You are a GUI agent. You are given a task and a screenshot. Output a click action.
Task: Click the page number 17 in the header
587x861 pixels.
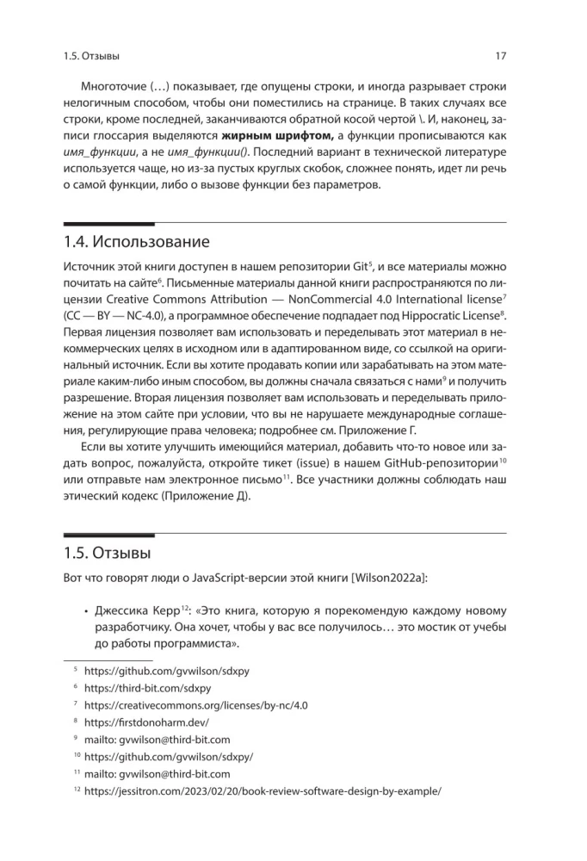coord(500,57)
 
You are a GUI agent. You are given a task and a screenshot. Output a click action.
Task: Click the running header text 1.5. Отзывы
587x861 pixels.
coord(91,57)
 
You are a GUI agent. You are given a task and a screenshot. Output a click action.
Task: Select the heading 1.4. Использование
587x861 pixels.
coord(137,241)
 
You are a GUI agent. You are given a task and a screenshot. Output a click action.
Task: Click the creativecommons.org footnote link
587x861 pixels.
coord(196,705)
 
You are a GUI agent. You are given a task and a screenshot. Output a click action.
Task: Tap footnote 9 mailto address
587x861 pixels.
coord(158,740)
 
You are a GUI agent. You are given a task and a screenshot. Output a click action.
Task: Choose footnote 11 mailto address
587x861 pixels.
coord(158,774)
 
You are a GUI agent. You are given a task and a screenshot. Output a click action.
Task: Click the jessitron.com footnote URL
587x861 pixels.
coord(263,791)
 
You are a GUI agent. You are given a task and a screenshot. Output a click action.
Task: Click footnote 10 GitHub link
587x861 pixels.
coord(169,757)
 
